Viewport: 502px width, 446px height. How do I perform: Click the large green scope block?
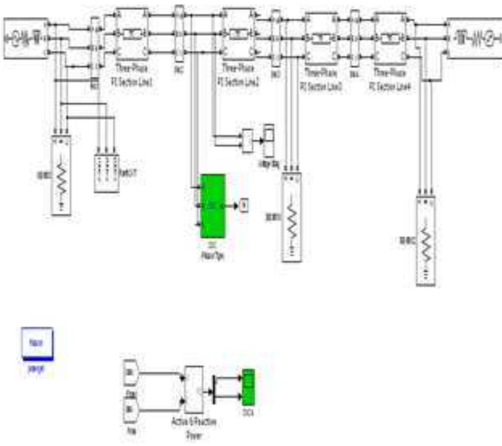[x=212, y=206]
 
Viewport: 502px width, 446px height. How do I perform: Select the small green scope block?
[x=248, y=386]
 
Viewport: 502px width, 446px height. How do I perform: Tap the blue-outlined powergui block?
[x=36, y=342]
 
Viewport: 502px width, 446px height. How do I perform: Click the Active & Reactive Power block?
[x=195, y=389]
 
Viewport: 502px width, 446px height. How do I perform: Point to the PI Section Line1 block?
[x=132, y=34]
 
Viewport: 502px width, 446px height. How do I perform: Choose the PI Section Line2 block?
[x=238, y=34]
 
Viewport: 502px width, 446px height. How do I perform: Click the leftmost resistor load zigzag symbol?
[x=62, y=178]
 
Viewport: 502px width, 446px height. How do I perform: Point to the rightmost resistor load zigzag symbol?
[x=427, y=242]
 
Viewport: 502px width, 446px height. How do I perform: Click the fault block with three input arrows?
[x=107, y=173]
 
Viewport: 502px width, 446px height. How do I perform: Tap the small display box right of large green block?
[x=244, y=207]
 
